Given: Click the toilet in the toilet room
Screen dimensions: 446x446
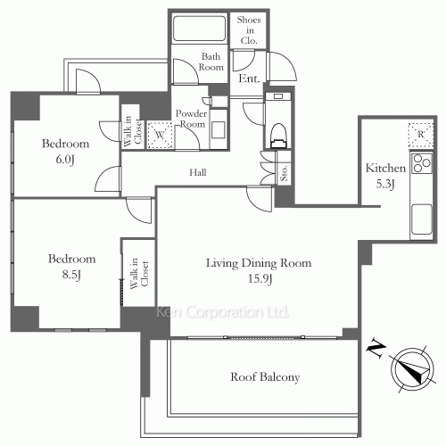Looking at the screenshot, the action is point(278,136).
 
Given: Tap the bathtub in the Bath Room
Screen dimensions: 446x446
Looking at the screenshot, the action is point(199,29).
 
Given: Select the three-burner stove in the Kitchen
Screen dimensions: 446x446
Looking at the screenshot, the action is point(421,163).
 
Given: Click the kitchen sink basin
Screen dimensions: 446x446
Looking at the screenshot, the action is point(421,219).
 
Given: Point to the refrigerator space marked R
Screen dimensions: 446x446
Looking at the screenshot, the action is point(421,136).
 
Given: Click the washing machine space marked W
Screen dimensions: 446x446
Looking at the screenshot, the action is point(160,135).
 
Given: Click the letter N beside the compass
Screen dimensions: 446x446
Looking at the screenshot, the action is point(376,350).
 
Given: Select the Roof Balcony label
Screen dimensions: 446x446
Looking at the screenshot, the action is point(265,376).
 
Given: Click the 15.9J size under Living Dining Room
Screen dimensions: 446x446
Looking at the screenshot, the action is point(260,278).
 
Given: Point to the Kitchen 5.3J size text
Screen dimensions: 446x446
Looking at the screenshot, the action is point(385,184).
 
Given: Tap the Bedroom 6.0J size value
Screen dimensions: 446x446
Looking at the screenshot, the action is point(65,160).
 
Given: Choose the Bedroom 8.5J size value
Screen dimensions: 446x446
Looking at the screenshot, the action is point(71,275).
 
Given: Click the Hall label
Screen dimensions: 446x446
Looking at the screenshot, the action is point(198,172).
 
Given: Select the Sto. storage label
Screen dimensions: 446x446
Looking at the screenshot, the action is point(284,172).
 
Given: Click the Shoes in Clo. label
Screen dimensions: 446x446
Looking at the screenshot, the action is point(249,30).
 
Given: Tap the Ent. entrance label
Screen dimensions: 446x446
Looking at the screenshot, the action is point(249,78).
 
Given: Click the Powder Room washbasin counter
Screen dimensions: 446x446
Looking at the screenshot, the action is point(219,129).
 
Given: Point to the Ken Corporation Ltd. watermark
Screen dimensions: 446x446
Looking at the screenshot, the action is point(222,312).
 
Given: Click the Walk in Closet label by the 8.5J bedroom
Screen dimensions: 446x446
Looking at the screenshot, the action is point(139,274).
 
